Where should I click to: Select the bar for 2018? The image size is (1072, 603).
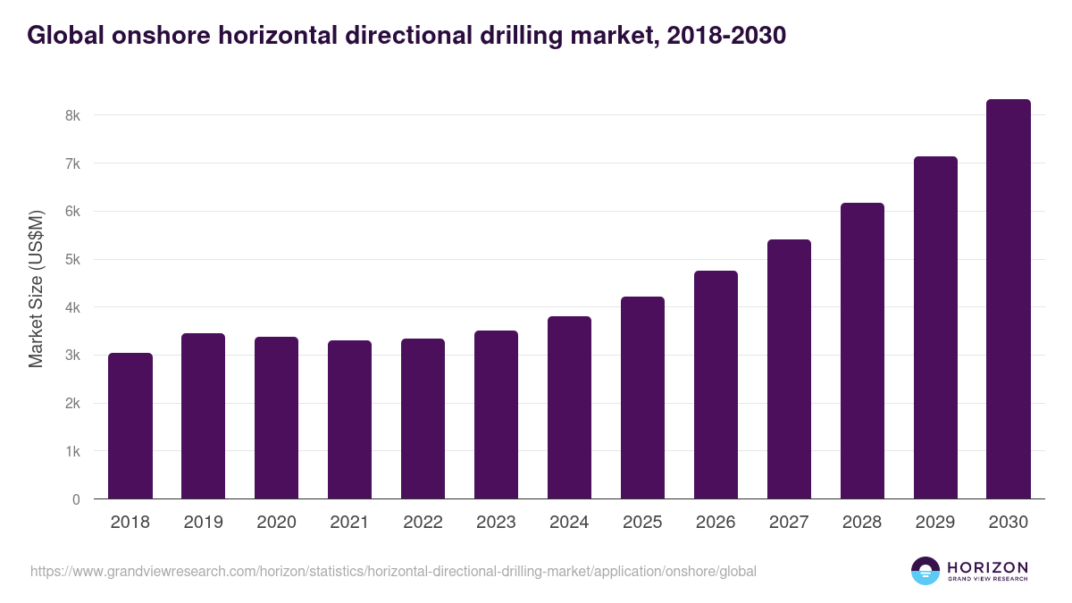130,426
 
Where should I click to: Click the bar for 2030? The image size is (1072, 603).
1009,299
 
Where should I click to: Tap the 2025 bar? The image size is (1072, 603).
643,398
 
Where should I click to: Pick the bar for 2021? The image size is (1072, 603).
349,420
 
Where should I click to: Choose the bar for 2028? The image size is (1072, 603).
862,351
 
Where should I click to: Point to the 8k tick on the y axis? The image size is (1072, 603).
72,115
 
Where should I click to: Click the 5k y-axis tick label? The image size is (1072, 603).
72,260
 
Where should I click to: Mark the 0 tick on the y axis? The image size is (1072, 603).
76,499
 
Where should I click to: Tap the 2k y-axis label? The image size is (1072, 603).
72,404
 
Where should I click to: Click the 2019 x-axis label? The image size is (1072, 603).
204,523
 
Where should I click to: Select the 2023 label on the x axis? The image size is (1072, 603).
496,523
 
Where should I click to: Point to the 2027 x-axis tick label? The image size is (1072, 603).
789,523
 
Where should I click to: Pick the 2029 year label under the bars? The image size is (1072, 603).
935,523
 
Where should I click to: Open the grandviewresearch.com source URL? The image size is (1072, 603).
393,571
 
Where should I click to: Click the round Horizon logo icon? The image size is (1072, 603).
925,571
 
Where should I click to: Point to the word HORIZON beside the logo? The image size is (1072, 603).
987,567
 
